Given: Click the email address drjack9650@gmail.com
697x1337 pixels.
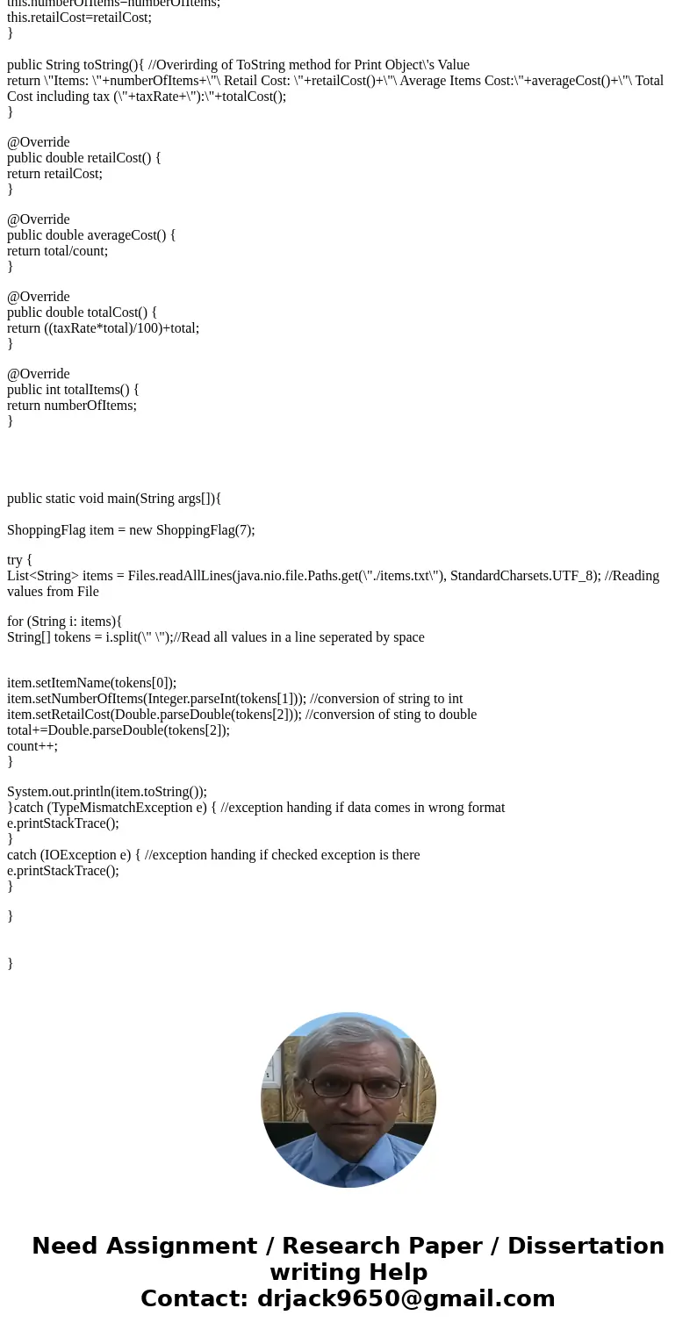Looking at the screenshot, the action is tap(406, 1299).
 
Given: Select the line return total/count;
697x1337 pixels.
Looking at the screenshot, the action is tap(57, 251).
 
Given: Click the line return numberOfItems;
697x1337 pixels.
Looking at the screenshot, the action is tap(72, 406).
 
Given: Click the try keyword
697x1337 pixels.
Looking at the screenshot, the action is tap(16, 560).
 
